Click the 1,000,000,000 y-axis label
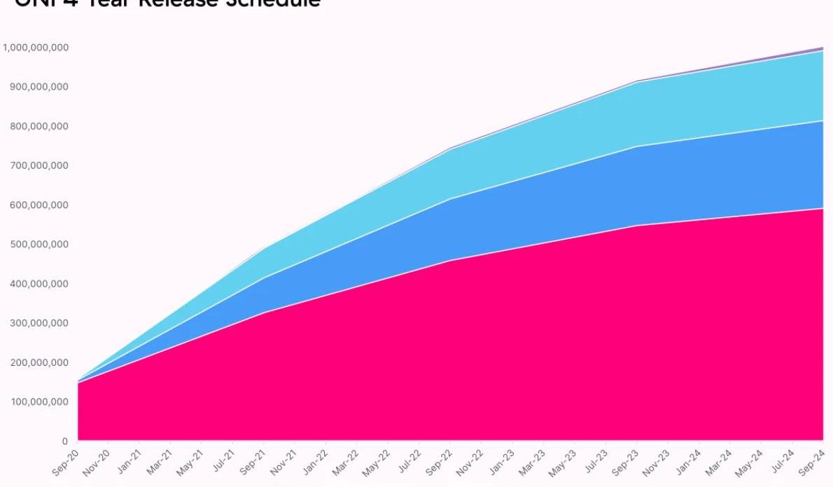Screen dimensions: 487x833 click(35, 48)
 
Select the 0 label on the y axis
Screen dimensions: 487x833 click(64, 441)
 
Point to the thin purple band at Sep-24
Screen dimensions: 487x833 click(820, 49)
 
